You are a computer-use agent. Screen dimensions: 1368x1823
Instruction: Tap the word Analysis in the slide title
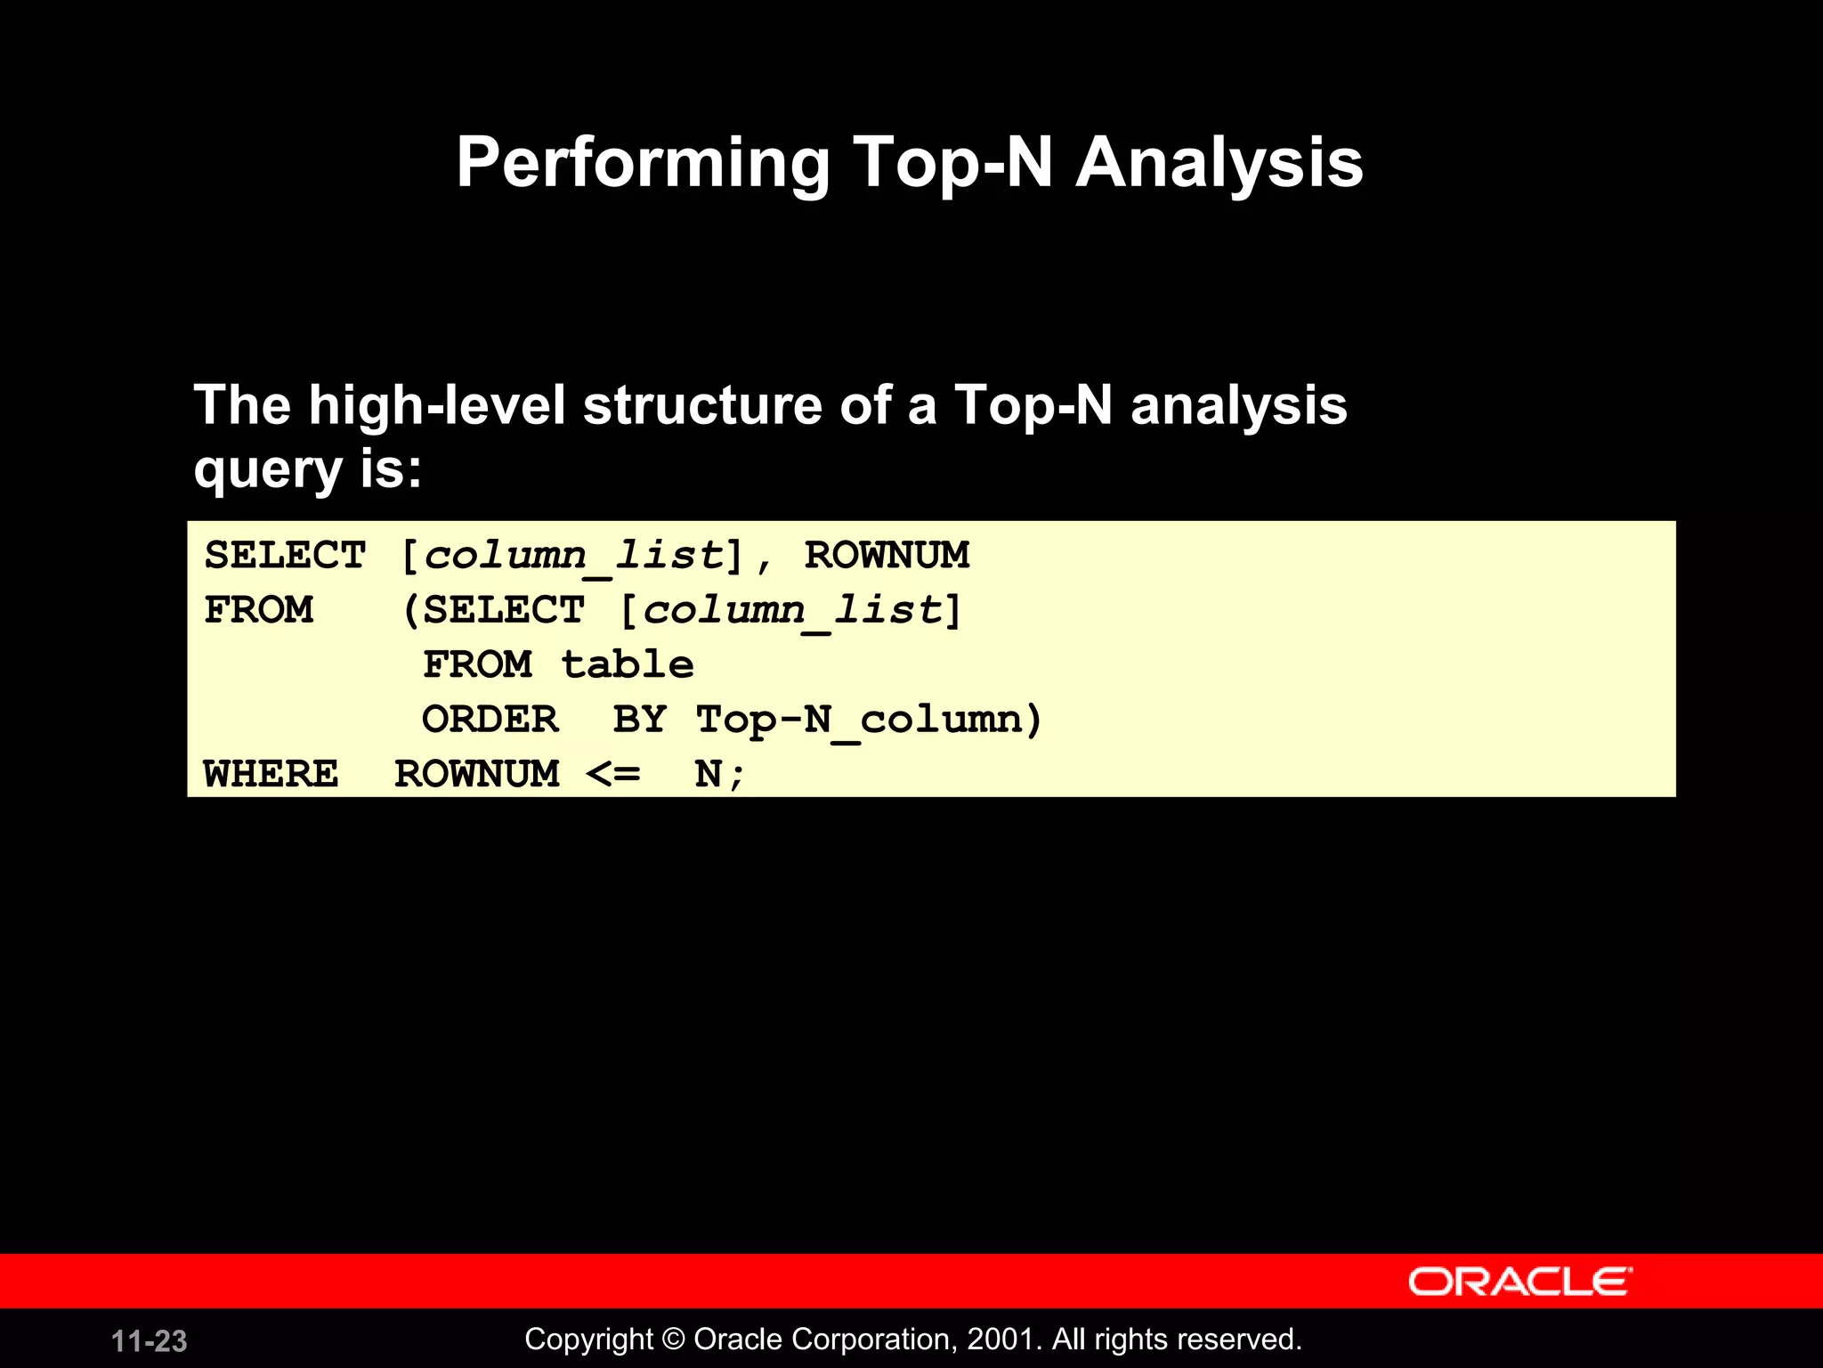pos(1219,164)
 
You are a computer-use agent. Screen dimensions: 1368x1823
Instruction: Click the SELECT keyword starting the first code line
pos(285,556)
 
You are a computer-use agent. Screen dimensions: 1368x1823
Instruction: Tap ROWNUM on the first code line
pos(887,556)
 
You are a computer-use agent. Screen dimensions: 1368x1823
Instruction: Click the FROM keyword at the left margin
pos(259,611)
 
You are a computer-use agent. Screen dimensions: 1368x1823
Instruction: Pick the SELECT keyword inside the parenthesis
pos(503,611)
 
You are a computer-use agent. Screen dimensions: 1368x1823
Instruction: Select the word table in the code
pos(628,665)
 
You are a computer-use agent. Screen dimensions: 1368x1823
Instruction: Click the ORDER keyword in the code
pos(490,720)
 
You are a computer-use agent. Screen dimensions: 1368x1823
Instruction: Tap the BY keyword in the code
pos(639,720)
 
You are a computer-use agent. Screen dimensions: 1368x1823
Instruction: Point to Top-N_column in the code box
pos(859,720)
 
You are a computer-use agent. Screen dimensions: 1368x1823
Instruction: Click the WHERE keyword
pos(271,774)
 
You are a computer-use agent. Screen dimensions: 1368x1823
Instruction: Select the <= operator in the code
pos(613,774)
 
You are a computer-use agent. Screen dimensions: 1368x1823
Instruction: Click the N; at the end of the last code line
pos(718,774)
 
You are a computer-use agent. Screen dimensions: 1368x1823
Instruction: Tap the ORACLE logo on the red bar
pos(1519,1282)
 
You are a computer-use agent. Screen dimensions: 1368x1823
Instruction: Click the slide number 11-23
pos(149,1341)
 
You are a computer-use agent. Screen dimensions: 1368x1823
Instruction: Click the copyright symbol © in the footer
pos(675,1339)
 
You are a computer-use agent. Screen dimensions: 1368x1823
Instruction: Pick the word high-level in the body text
pos(437,405)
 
